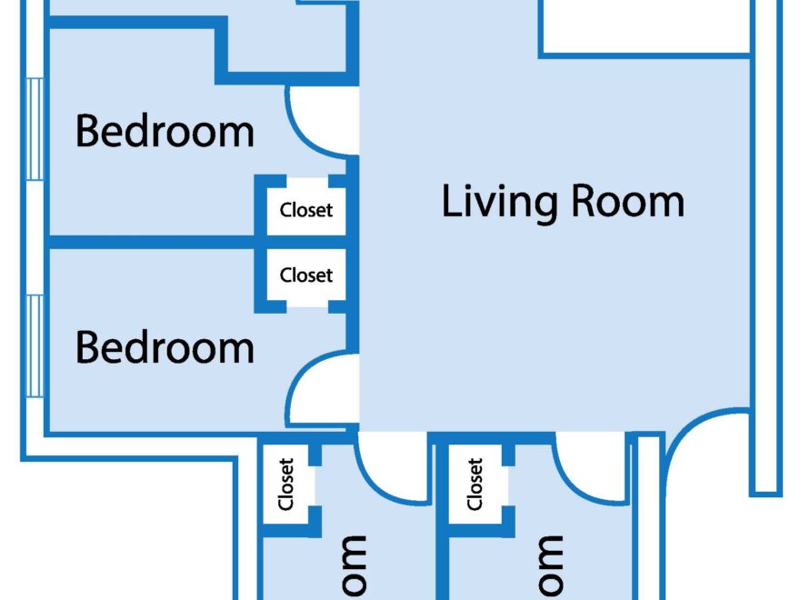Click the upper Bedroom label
click(x=165, y=131)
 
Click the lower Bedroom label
click(x=165, y=347)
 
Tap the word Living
click(x=498, y=201)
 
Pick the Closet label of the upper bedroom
click(x=306, y=210)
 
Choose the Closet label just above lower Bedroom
click(x=306, y=275)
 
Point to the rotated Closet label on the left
click(x=287, y=485)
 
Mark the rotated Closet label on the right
click(x=474, y=485)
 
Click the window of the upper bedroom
click(x=35, y=128)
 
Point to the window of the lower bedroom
click(x=35, y=345)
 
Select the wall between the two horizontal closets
click(x=306, y=242)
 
